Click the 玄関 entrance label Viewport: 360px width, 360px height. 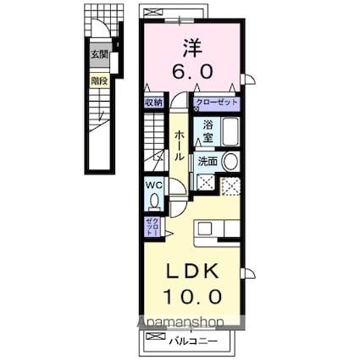(100, 54)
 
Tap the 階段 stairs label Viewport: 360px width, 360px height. (100, 82)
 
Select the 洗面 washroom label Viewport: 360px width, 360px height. (208, 161)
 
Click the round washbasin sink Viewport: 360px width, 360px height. (231, 162)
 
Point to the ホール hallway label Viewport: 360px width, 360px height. (180, 146)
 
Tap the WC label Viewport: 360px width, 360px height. (152, 186)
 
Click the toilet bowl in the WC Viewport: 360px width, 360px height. (153, 201)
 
